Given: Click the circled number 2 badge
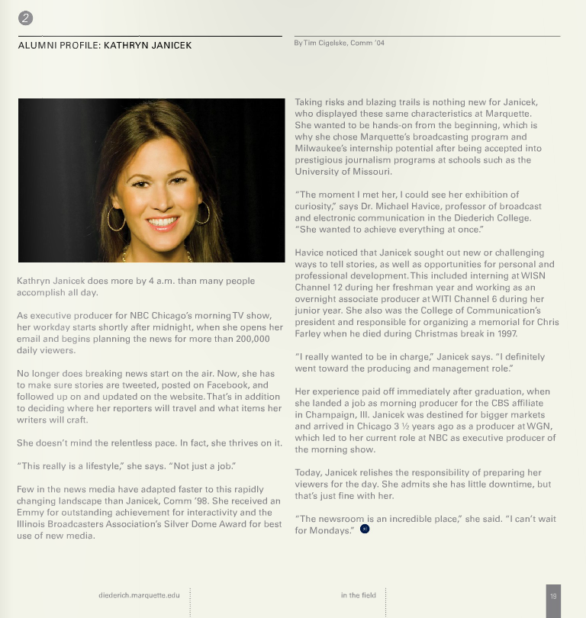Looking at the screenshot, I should point(26,19).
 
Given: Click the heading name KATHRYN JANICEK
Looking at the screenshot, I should point(147,46).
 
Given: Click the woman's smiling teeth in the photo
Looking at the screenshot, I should point(163,223).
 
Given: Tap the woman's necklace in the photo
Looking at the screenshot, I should point(156,254).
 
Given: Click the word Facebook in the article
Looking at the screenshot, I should point(228,385).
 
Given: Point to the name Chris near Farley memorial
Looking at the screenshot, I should point(546,322).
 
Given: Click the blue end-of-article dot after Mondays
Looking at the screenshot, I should point(365,529).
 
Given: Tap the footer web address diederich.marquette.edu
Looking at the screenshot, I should point(139,595).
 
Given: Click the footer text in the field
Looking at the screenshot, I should point(358,595).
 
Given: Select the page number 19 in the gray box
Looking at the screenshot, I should point(553,596).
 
